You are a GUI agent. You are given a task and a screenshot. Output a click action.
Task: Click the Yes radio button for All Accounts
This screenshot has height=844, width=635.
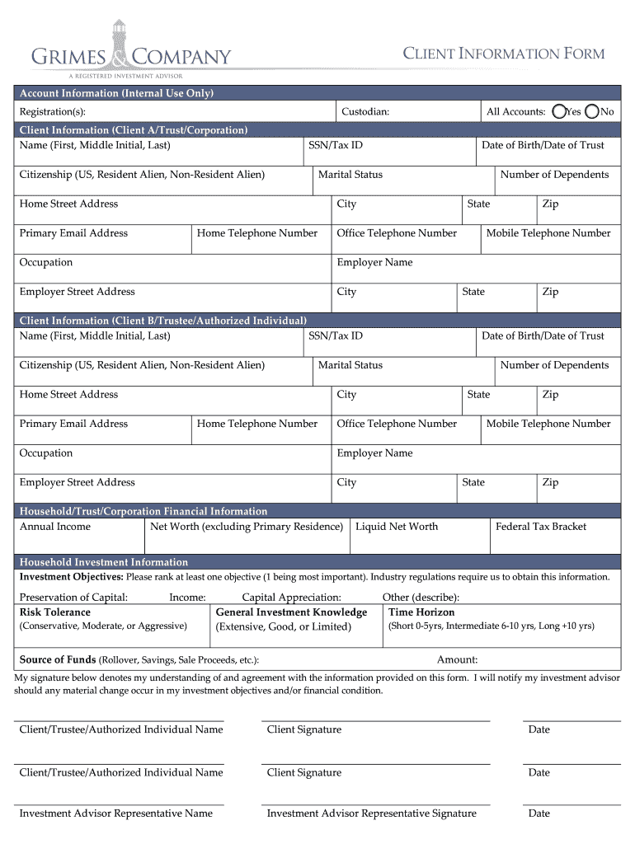tap(559, 111)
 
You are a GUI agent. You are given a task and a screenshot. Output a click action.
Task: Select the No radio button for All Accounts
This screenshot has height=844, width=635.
tap(591, 111)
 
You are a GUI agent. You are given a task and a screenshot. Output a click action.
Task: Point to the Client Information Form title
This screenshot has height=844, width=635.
tap(503, 54)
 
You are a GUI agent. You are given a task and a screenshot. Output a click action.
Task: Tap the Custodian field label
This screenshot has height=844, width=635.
tap(365, 112)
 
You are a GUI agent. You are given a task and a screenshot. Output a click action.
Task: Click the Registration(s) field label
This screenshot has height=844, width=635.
tap(52, 112)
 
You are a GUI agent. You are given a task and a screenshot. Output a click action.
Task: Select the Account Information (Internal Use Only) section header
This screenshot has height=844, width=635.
tap(116, 93)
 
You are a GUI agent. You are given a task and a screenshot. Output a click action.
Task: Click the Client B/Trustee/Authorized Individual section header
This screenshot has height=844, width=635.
tap(162, 321)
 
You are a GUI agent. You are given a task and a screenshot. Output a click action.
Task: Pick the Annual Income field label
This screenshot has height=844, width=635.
tap(54, 527)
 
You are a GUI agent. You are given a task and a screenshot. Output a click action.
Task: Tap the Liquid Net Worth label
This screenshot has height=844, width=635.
tap(397, 527)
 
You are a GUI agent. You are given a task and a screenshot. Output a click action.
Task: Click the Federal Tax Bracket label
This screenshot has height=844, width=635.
tap(540, 527)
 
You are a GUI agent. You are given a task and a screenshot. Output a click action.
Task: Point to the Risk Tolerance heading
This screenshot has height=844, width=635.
tap(54, 612)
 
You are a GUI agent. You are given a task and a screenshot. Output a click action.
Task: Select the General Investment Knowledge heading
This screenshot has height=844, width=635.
tap(291, 612)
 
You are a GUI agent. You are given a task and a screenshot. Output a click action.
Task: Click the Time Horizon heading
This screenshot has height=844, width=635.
tap(421, 612)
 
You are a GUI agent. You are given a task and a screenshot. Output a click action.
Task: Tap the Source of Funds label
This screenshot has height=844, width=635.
tap(57, 660)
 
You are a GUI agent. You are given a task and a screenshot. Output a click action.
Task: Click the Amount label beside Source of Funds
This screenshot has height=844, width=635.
tap(457, 659)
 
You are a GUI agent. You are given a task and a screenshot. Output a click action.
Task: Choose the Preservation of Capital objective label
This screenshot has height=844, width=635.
tap(73, 598)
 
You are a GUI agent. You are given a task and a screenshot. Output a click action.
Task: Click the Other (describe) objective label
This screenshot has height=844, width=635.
tap(421, 598)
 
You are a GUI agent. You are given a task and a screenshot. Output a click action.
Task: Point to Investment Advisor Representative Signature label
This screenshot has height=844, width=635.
tap(371, 814)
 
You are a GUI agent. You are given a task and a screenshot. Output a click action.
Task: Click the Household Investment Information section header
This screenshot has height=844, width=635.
tap(103, 562)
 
